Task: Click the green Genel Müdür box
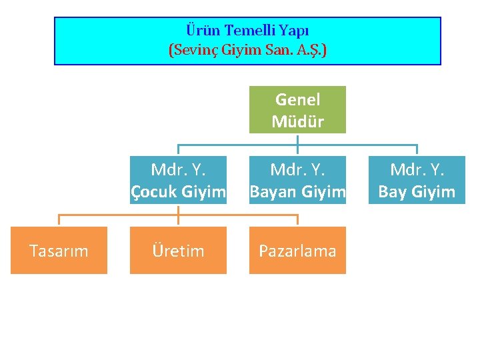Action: [x=297, y=110]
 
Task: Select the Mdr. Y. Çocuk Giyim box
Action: [x=178, y=180]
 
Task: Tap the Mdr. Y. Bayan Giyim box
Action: [x=297, y=180]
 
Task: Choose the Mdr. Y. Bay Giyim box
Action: [x=417, y=180]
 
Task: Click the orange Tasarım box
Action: [x=59, y=251]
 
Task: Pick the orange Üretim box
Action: [x=178, y=251]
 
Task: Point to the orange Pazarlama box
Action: [x=297, y=251]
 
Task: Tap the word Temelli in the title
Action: [x=248, y=31]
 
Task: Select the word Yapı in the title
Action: [x=293, y=31]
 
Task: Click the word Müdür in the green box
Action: [x=297, y=122]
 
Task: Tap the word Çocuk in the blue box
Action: [x=154, y=192]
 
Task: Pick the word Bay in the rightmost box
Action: [x=393, y=192]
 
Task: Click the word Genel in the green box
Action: [x=297, y=99]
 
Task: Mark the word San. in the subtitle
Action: [x=280, y=49]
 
